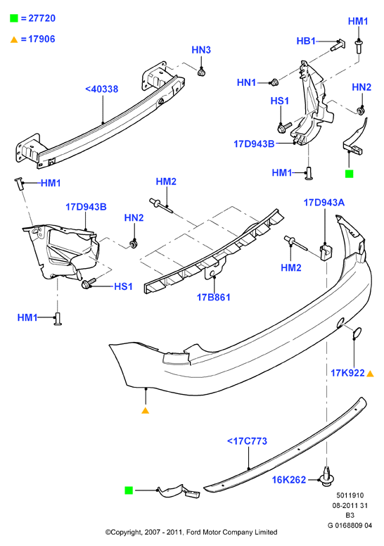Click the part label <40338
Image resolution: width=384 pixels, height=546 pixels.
102,89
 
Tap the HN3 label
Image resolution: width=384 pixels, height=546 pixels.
201,50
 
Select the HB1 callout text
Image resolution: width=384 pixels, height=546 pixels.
306,41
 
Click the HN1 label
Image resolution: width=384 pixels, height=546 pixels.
246,82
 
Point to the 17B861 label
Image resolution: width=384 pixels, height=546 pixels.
213,297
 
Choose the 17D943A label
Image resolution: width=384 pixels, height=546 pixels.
324,203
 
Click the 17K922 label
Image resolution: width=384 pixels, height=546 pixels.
347,373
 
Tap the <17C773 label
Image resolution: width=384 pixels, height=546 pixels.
247,441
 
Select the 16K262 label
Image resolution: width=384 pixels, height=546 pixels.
288,480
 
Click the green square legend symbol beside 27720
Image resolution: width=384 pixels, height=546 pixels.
14,18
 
